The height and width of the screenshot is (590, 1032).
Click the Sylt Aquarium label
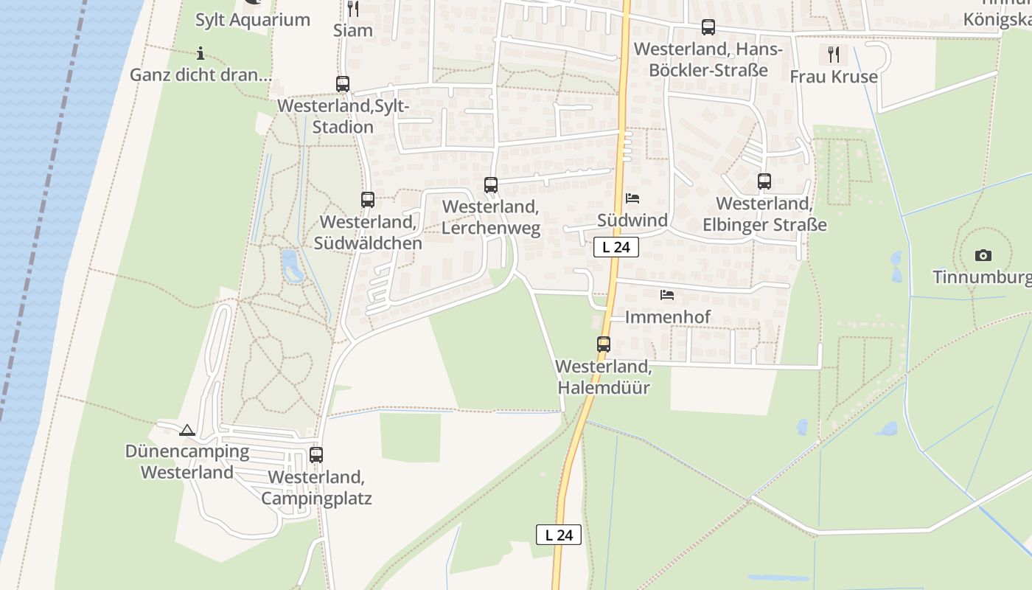tap(252, 20)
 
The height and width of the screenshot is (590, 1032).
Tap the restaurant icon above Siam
tap(353, 9)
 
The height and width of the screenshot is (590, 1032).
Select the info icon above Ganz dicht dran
tap(201, 53)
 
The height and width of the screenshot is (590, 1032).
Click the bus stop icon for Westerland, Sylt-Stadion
tap(343, 84)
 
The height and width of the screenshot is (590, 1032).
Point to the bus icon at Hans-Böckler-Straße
tap(708, 27)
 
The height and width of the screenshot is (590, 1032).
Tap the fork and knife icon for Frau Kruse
tap(834, 54)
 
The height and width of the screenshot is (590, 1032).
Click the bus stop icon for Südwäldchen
tap(368, 199)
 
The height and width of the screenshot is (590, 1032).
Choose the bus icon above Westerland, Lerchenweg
tap(491, 185)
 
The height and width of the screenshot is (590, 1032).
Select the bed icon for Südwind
tap(632, 198)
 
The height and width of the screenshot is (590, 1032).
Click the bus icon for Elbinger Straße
tap(764, 181)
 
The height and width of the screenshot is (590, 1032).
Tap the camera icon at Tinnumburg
tap(983, 255)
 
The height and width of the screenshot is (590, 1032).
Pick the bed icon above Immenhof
tap(667, 295)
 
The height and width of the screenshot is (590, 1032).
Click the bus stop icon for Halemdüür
tap(604, 344)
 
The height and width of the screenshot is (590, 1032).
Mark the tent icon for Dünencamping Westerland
tap(187, 430)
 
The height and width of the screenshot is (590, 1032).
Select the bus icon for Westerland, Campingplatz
tap(316, 455)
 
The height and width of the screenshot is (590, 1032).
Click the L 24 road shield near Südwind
tap(616, 247)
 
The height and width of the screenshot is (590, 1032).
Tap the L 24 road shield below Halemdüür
tap(559, 535)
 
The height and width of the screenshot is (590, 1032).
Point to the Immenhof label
tap(667, 317)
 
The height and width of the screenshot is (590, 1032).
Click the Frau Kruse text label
tap(834, 77)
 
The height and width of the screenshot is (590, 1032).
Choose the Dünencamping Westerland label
tap(187, 462)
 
